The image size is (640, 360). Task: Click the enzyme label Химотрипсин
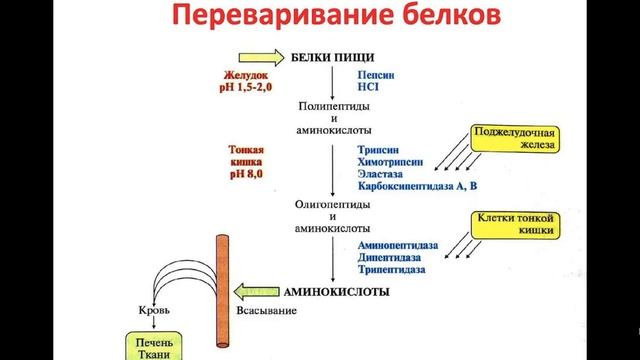[389, 161]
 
